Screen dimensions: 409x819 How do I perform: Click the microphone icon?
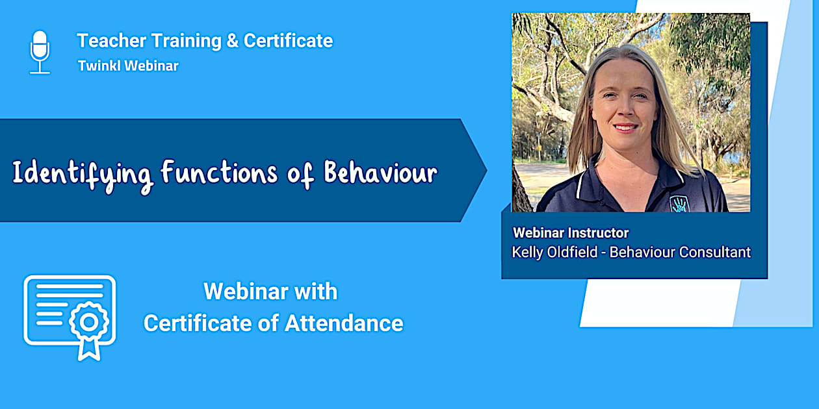tap(40, 52)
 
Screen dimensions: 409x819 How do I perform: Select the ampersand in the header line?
tap(232, 41)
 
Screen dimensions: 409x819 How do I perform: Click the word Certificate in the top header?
tap(288, 41)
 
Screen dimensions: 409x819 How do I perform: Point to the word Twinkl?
tap(98, 66)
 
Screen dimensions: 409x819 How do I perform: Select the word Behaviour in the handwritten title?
tap(380, 173)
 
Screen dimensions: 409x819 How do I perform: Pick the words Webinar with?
tap(270, 291)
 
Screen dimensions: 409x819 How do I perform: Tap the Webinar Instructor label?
tap(571, 232)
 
